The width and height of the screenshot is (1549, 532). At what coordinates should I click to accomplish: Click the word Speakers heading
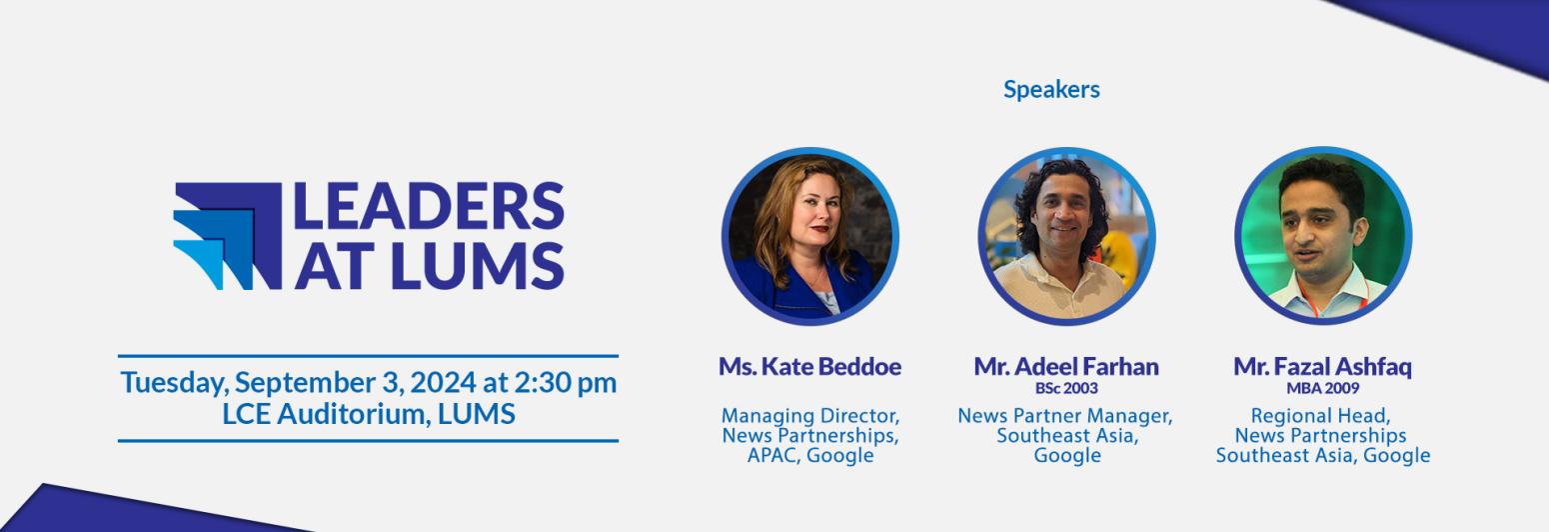[x=1051, y=89]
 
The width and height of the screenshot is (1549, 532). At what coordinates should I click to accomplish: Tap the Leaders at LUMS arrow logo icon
[x=227, y=236]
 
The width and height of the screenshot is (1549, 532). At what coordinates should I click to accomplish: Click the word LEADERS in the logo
[x=429, y=207]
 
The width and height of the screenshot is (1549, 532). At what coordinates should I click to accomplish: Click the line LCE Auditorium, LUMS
[x=369, y=413]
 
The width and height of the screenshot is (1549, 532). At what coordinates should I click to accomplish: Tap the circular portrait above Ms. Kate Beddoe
[x=809, y=236]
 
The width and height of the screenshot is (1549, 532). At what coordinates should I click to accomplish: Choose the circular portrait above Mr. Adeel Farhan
[x=1065, y=236]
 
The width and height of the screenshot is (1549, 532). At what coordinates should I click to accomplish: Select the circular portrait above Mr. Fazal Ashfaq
[x=1322, y=236]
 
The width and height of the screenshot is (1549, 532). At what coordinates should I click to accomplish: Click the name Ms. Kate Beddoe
[x=809, y=366]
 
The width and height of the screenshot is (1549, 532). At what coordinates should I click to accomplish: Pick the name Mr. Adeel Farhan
[x=1066, y=366]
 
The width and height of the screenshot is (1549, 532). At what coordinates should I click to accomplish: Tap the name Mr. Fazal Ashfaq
[x=1322, y=366]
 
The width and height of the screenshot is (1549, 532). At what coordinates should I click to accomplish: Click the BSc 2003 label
[x=1066, y=388]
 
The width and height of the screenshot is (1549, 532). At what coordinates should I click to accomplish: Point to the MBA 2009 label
[x=1322, y=388]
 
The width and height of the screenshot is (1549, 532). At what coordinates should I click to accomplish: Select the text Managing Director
[x=810, y=415]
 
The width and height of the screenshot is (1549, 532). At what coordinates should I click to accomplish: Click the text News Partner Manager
[x=1065, y=415]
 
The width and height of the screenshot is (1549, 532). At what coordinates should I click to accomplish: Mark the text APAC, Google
[x=810, y=456]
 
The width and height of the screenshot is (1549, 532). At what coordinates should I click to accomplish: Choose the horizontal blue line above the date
[x=368, y=355]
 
